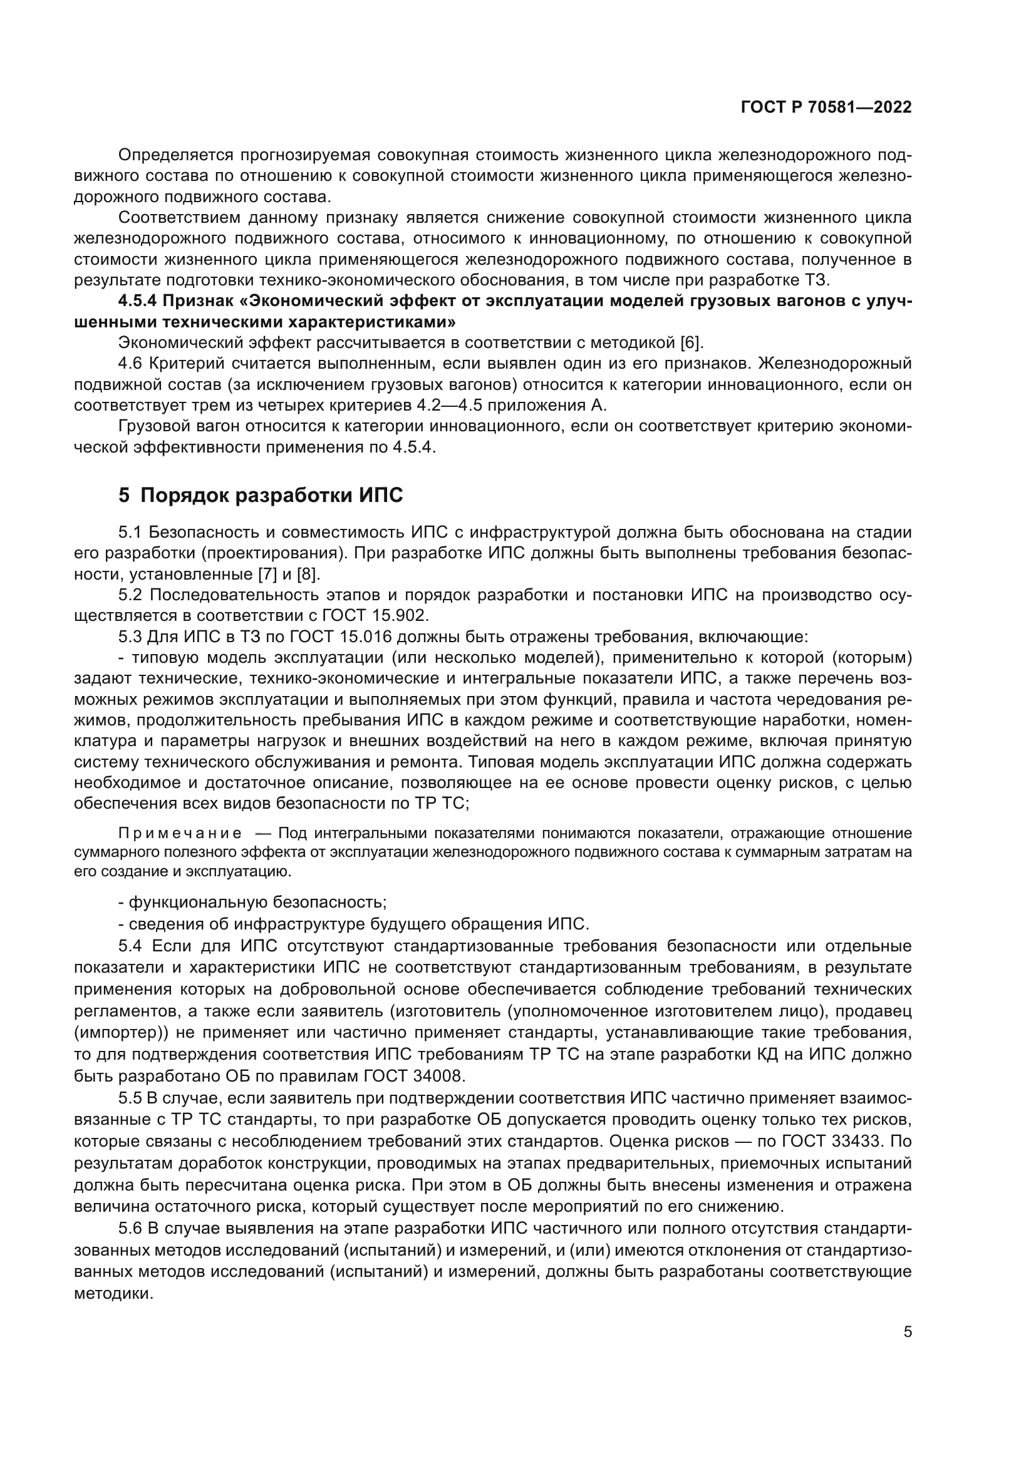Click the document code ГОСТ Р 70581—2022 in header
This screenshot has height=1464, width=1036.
click(826, 107)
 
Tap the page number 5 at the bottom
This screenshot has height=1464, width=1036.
click(907, 1332)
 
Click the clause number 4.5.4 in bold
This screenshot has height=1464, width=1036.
click(137, 301)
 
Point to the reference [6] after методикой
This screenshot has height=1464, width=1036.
click(690, 343)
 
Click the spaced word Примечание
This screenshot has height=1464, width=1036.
click(180, 833)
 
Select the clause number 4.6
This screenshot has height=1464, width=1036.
click(131, 364)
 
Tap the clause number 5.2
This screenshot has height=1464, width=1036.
click(132, 595)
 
